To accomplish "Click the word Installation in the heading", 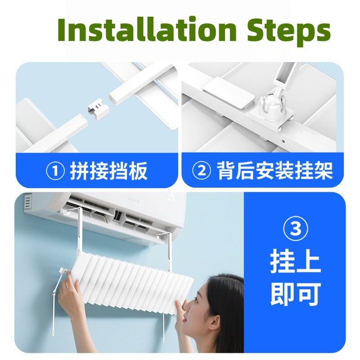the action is (x=147, y=29).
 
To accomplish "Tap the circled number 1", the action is (x=55, y=171).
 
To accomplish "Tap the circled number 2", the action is (x=201, y=171).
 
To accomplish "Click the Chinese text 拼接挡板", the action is (x=108, y=171).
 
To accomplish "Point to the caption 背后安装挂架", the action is (x=275, y=171).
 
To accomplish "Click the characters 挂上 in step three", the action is (x=295, y=262).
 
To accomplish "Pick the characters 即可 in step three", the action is (x=295, y=294).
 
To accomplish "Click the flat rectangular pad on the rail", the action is (x=229, y=92).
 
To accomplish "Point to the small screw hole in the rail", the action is (x=283, y=141).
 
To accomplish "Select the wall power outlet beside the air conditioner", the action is (x=27, y=201).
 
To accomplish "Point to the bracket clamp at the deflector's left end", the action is (x=64, y=271).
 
